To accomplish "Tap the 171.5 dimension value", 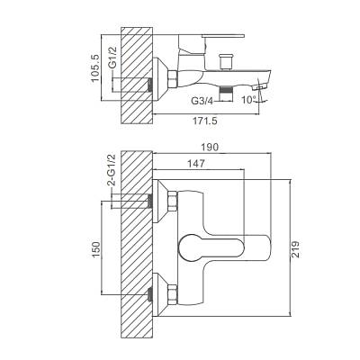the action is pyautogui.click(x=205, y=121).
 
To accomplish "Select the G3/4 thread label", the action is pyautogui.click(x=202, y=101).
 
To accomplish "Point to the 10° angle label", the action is pyautogui.click(x=249, y=99).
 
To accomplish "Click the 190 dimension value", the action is pyautogui.click(x=211, y=148).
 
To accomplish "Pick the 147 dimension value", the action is pyautogui.click(x=196, y=164).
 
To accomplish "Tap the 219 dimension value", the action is pyautogui.click(x=296, y=249).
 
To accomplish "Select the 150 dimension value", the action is pyautogui.click(x=96, y=249).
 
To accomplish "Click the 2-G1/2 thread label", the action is pyautogui.click(x=112, y=170).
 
